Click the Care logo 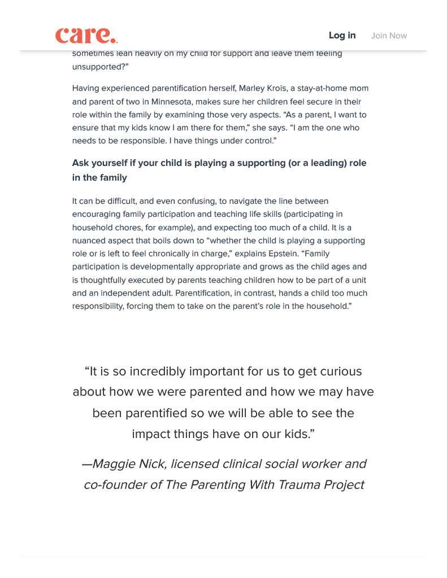pyautogui.click(x=86, y=36)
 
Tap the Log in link pyautogui.click(x=342, y=36)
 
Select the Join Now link pyautogui.click(x=389, y=36)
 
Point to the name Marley pyautogui.click(x=254, y=89)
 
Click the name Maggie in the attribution pyautogui.click(x=115, y=464)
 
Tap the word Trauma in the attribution pyautogui.click(x=300, y=485)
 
